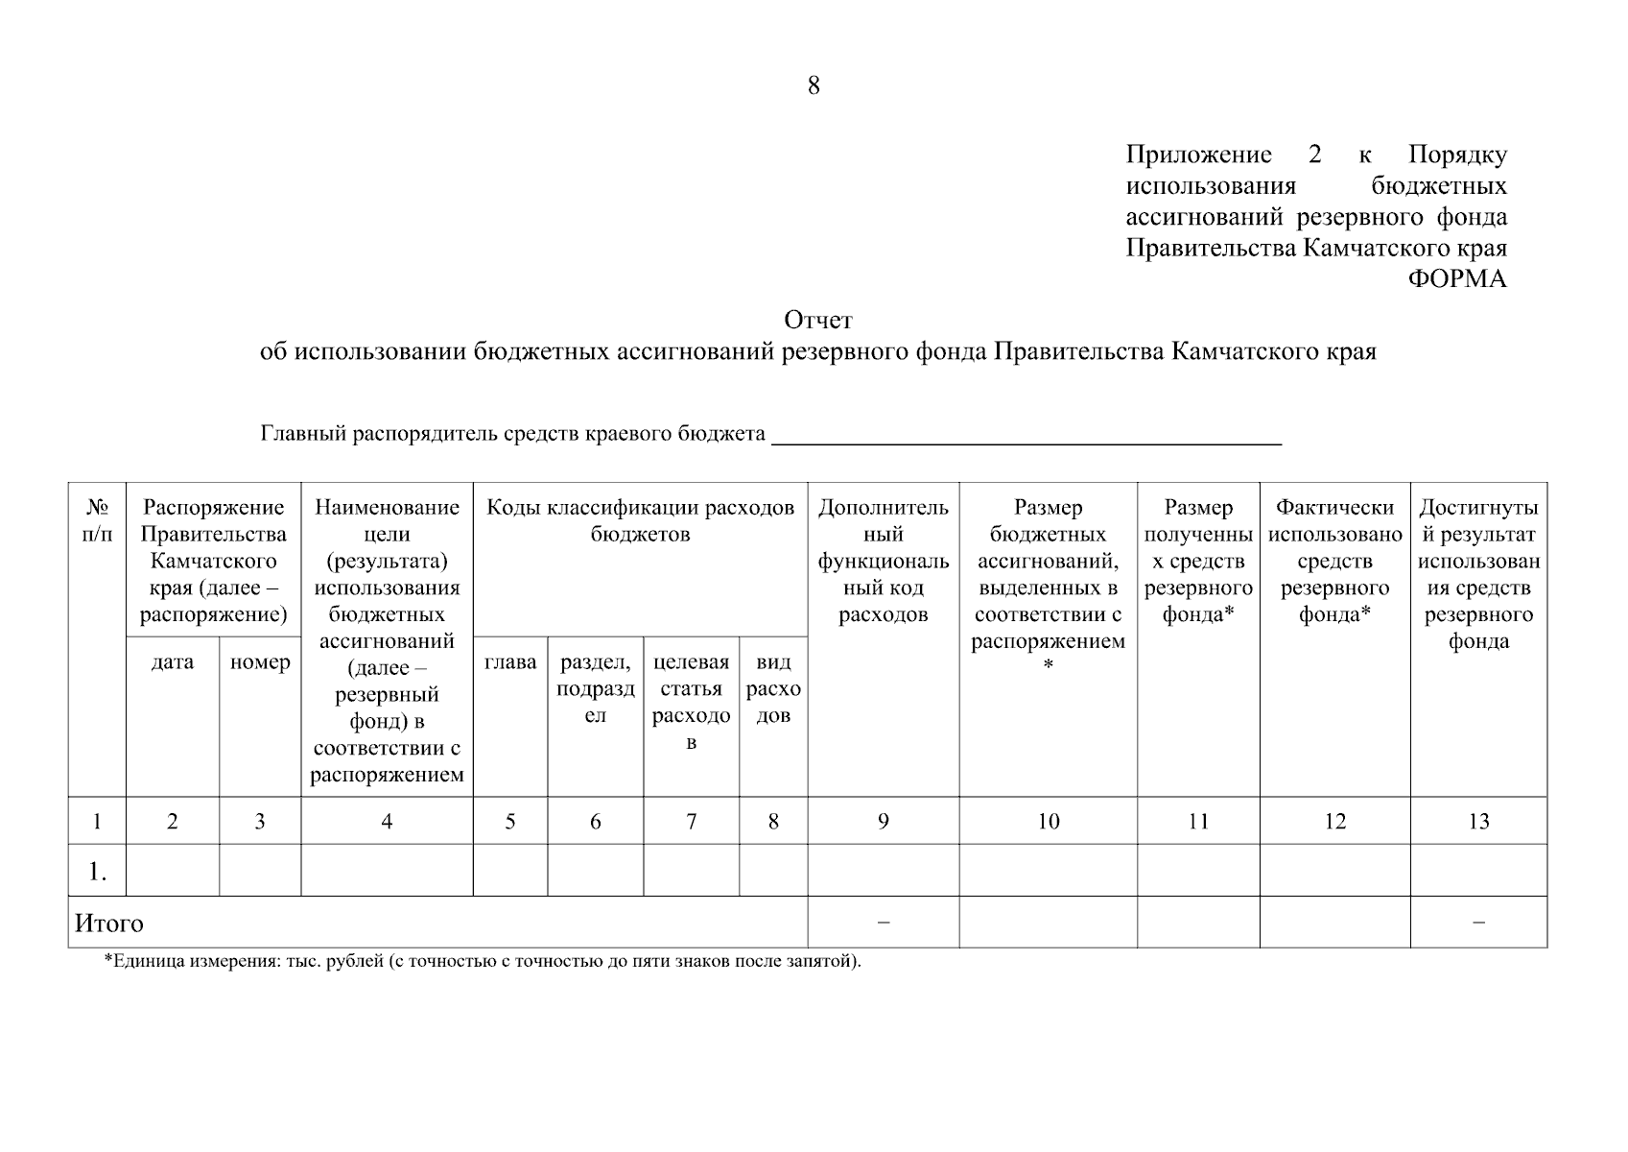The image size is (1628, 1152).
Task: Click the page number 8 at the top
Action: [x=814, y=86]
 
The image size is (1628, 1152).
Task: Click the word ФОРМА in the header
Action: [x=1456, y=279]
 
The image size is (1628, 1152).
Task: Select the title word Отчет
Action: [x=817, y=320]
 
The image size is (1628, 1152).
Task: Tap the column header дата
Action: [x=173, y=662]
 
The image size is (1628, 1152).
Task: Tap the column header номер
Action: [x=260, y=662]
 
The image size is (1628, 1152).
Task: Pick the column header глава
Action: [x=510, y=662]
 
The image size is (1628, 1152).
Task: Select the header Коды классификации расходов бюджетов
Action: [x=640, y=520]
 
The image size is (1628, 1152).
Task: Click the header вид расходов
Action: [x=773, y=689]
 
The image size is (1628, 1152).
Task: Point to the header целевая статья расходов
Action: [x=691, y=702]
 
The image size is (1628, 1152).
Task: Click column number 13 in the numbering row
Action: [x=1478, y=821]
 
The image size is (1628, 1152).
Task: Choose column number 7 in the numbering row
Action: [x=691, y=821]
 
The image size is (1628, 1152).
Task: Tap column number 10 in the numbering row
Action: [x=1048, y=821]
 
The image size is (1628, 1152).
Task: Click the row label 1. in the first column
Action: [x=97, y=871]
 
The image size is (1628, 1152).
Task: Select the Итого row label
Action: [x=109, y=924]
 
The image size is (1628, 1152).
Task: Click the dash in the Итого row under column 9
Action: [x=883, y=923]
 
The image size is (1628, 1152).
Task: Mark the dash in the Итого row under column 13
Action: [x=1478, y=923]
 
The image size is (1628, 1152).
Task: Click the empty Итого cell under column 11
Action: [x=1197, y=923]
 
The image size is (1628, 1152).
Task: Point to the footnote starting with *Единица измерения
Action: [x=482, y=961]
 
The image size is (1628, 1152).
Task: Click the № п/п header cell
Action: [x=97, y=520]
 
